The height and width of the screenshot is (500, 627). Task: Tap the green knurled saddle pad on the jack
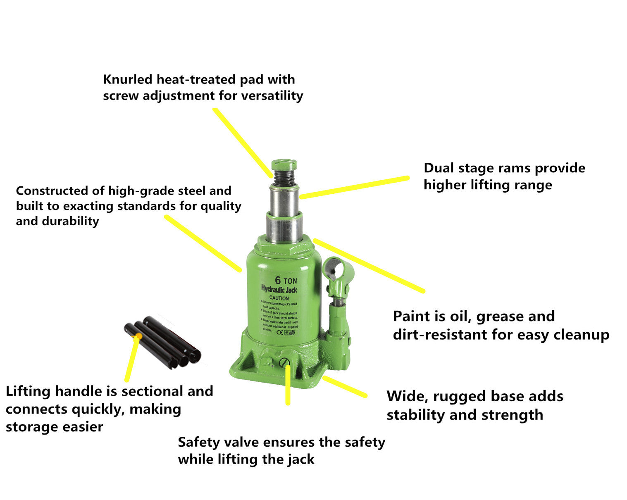point(284,165)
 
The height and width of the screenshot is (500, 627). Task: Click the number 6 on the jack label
point(278,280)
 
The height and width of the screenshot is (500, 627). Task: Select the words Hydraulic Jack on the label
point(279,289)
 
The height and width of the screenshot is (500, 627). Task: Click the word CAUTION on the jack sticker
point(279,298)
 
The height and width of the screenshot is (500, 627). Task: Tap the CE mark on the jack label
point(279,332)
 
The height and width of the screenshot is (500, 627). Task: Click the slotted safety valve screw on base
point(284,362)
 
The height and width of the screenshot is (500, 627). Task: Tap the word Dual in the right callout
point(438,168)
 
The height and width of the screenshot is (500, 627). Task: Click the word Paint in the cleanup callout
point(411,317)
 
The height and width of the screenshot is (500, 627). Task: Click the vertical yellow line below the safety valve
point(288,384)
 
